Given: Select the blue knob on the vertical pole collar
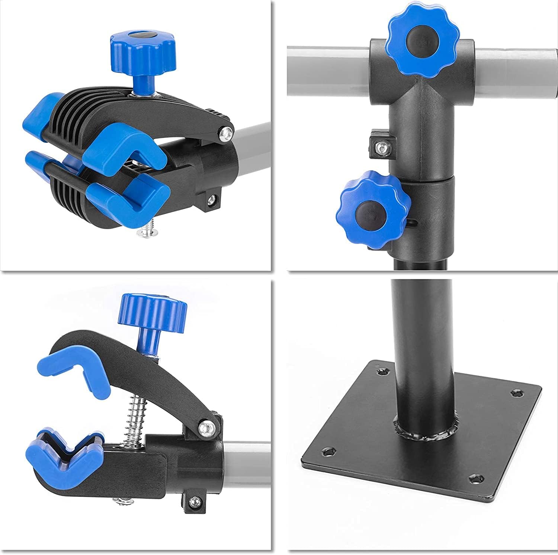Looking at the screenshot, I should [376, 210].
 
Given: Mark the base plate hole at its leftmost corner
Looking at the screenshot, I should [329, 452].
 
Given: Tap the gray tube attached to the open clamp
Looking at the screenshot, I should [247, 461].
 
